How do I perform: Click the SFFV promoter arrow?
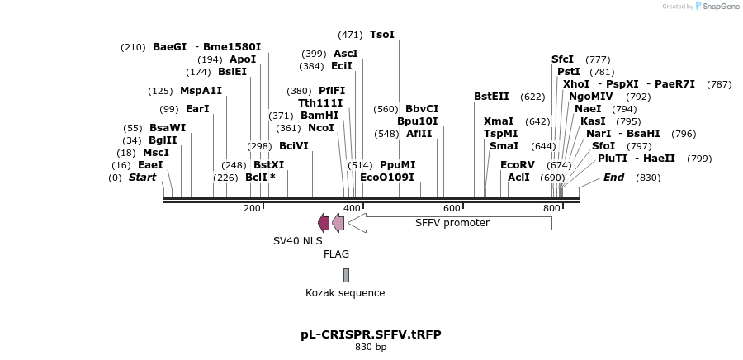450,223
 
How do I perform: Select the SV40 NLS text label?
297,241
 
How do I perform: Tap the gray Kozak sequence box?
346,275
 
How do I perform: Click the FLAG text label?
336,254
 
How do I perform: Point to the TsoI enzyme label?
382,35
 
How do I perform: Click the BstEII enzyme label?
491,97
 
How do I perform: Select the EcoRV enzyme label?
518,164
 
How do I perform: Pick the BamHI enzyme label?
319,116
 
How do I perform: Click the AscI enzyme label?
345,54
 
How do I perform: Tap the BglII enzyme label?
163,140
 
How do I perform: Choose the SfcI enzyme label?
562,59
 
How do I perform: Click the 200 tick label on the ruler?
252,209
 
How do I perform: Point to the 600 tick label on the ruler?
452,209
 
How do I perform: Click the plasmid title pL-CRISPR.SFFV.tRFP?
371,334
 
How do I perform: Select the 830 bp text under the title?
371,348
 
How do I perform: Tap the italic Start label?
142,178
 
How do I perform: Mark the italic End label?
613,178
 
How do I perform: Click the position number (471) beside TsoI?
350,35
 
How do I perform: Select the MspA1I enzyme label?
201,91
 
